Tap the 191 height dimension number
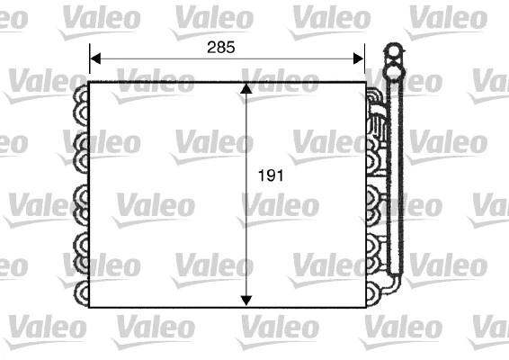(270, 176)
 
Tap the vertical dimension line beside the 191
(247, 225)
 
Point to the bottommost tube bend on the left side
(81, 292)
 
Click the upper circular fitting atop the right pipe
(394, 51)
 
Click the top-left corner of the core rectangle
(90, 82)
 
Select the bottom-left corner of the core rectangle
(90, 307)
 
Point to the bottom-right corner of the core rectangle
(365, 307)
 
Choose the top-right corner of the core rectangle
(365, 82)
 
